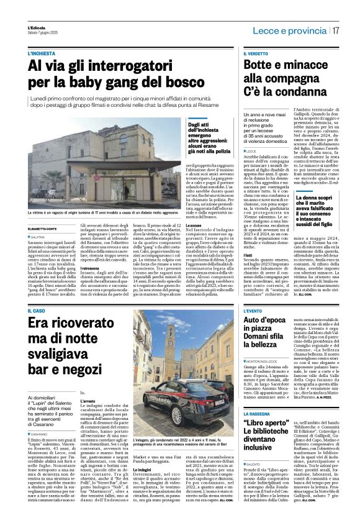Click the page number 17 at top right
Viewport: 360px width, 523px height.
click(x=336, y=29)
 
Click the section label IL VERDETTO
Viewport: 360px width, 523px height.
click(x=256, y=55)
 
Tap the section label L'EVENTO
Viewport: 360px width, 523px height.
click(x=254, y=311)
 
